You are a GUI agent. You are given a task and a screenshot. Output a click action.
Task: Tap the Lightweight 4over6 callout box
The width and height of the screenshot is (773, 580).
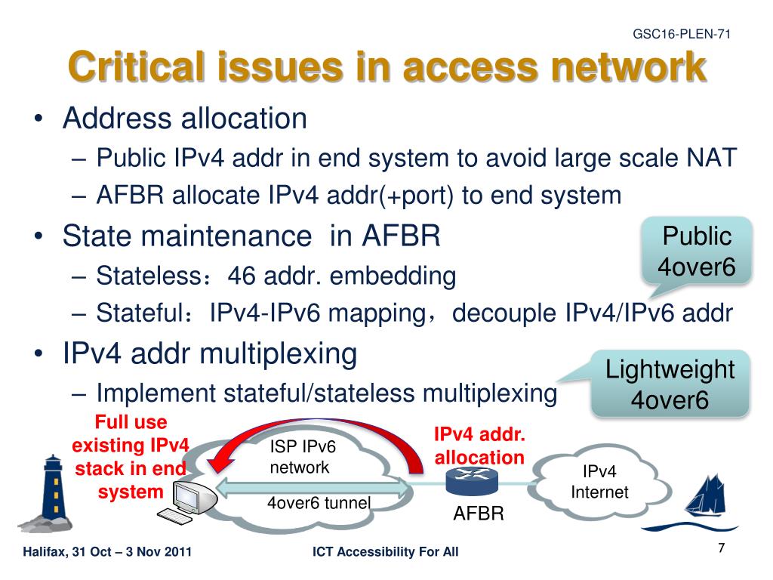[x=670, y=384]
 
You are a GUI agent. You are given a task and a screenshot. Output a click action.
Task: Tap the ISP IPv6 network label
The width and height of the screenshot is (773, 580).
[x=302, y=457]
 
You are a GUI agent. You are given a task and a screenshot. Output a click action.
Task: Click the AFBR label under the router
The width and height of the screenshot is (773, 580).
[x=478, y=514]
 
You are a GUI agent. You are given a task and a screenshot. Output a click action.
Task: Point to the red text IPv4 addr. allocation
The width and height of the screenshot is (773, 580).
[x=479, y=446]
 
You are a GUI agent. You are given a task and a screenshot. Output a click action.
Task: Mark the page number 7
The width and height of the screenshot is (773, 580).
[x=721, y=548]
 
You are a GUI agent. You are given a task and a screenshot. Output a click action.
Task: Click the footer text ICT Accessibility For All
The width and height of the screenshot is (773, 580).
[x=385, y=553]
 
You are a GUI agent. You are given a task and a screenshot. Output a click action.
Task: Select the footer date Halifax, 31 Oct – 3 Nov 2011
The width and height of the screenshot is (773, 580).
[x=107, y=553]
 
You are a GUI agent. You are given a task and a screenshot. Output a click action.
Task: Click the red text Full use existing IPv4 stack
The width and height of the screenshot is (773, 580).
[x=131, y=457]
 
